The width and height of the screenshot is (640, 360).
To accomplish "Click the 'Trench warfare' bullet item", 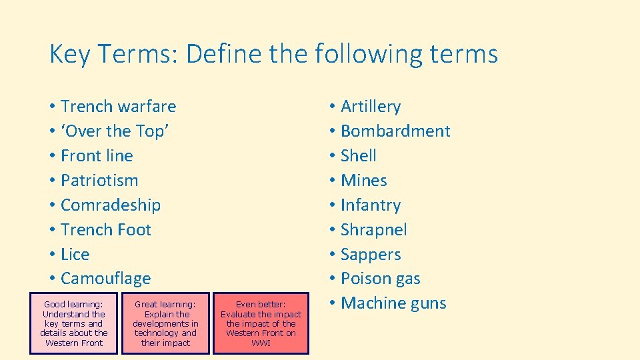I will click(118, 107).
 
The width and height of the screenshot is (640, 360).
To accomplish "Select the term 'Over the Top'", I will click(115, 131).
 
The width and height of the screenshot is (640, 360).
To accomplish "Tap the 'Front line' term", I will click(97, 156).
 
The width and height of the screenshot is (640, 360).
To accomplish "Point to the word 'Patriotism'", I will click(99, 181).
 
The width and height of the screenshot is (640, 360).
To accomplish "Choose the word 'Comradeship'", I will click(111, 205).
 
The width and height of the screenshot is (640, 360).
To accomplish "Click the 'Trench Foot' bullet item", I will click(106, 230).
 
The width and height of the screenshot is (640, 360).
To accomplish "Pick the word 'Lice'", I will click(75, 255).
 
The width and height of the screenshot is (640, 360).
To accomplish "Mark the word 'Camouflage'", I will click(105, 279).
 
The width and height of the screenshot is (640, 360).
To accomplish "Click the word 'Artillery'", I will click(371, 107).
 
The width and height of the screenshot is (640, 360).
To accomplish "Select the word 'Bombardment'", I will click(395, 131).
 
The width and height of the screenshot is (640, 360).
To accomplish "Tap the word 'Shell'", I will click(359, 156).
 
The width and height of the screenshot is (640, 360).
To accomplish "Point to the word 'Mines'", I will click(363, 181).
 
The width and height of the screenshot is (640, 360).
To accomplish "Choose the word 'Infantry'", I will click(371, 205).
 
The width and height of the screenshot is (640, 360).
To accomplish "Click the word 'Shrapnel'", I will click(373, 230).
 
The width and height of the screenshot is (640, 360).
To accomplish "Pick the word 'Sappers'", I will click(371, 255).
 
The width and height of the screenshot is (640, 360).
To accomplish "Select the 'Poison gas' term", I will click(380, 279).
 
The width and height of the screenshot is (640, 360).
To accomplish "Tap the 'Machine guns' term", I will click(393, 303).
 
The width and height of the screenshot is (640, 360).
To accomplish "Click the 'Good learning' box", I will click(73, 323).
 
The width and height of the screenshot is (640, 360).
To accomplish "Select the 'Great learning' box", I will click(165, 323).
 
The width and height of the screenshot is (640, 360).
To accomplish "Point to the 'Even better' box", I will click(261, 323).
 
